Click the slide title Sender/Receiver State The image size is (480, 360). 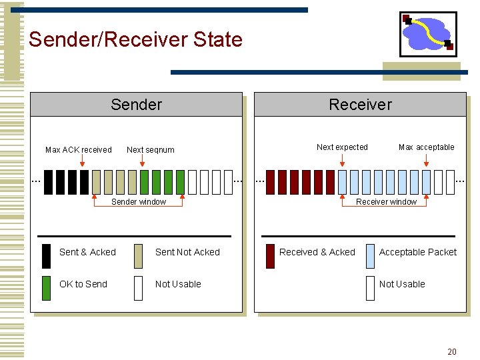(x=135, y=39)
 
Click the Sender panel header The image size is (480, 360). (x=136, y=105)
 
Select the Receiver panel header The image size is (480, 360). (x=360, y=105)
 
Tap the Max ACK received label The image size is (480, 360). (x=78, y=150)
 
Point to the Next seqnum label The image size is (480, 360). (x=150, y=150)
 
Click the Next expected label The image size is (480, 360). (x=342, y=147)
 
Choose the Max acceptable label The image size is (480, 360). (x=426, y=147)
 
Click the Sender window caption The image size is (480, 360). (x=139, y=202)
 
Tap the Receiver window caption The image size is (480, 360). (x=386, y=202)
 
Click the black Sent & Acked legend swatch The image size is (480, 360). (x=46, y=256)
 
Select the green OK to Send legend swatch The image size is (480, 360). (x=46, y=288)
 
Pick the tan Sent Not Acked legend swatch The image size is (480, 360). (x=138, y=256)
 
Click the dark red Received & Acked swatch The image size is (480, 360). (x=270, y=256)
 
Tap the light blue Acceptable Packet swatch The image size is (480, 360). (x=370, y=256)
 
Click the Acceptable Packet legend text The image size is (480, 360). (x=418, y=252)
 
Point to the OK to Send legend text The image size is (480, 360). (x=83, y=284)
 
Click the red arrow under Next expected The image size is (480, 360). (x=342, y=161)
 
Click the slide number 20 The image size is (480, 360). (x=452, y=351)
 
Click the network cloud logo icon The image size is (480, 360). (x=427, y=33)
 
